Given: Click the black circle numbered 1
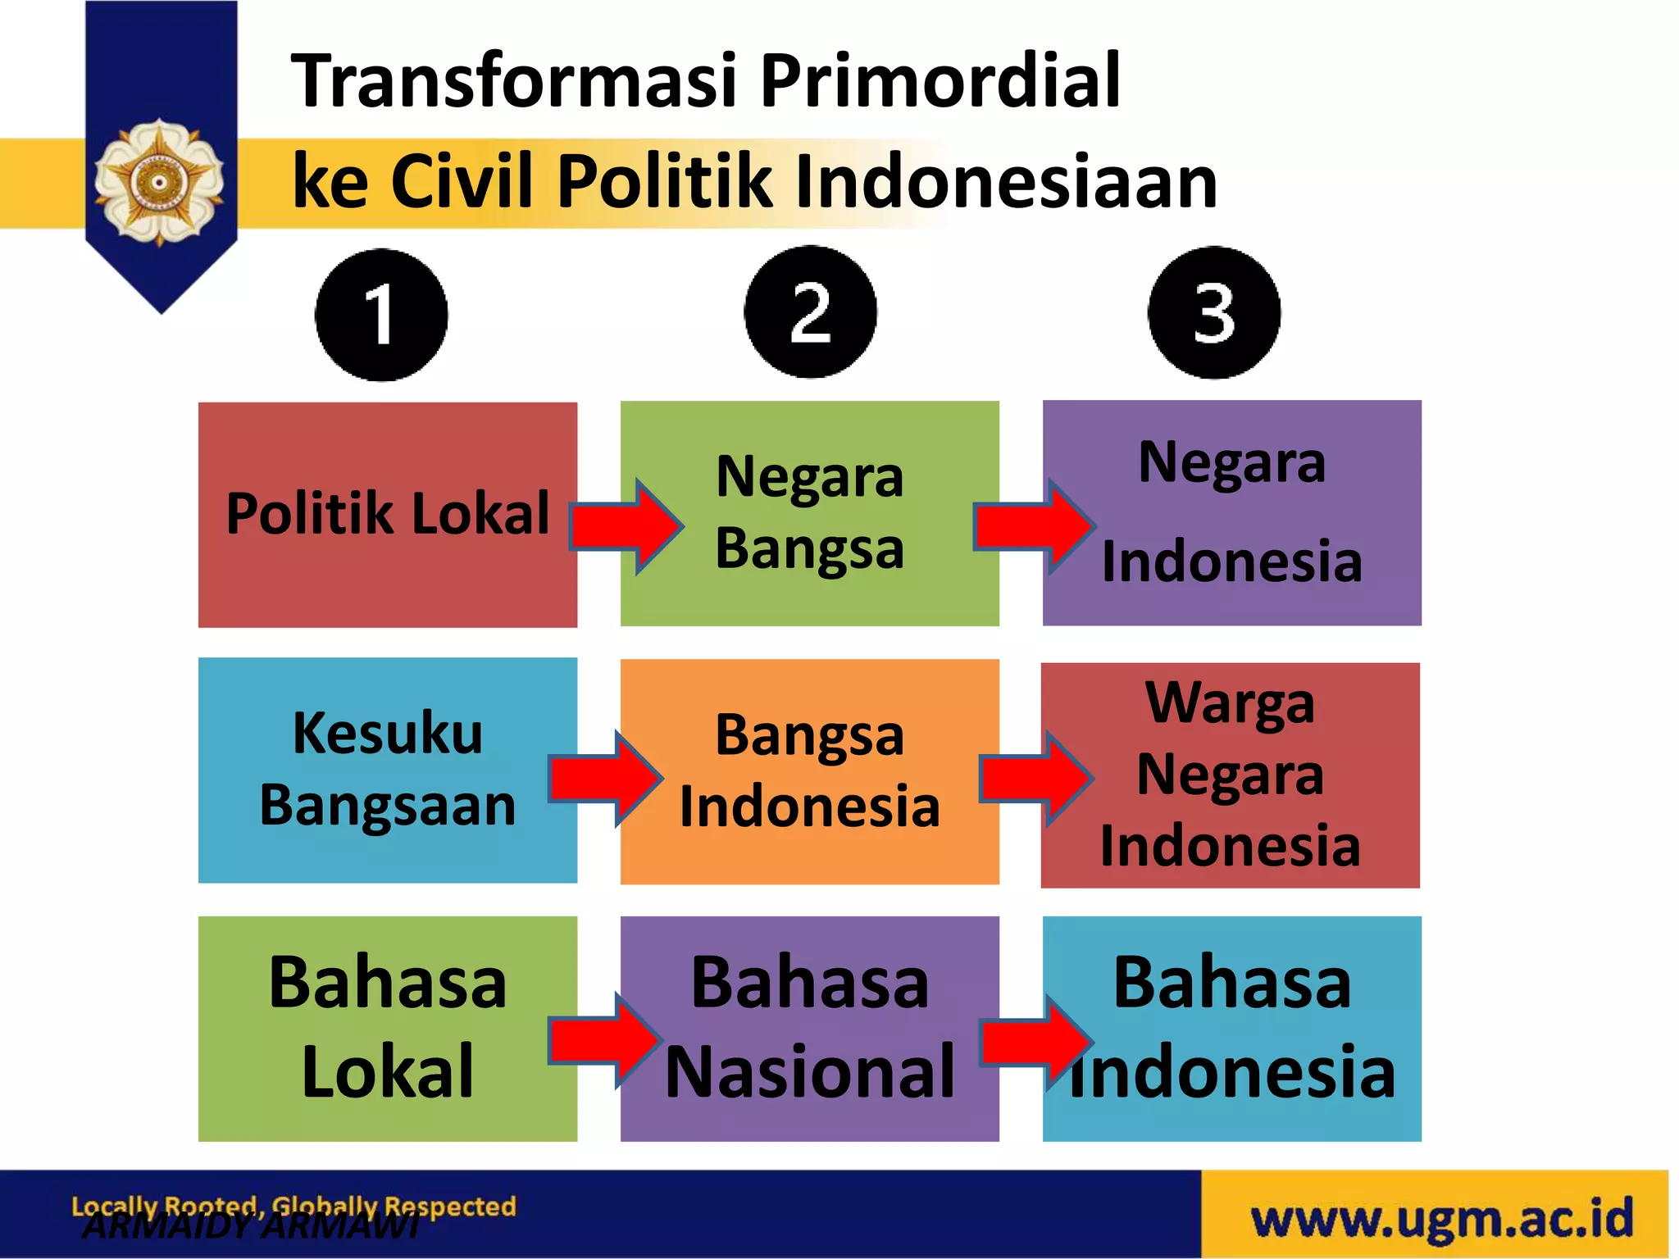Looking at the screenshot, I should coord(381,315).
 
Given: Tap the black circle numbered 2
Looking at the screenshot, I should coord(810,312).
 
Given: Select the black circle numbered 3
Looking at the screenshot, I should coord(1214,312).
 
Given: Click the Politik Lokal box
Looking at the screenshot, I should coord(387,515).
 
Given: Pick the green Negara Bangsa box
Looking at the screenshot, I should coord(810,513).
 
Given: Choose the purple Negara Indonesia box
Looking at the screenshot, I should coord(1231,513).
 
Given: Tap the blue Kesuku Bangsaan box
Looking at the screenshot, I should coord(387,770).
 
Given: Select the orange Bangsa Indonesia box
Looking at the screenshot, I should coord(810,771).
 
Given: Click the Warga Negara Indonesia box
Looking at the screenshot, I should coord(1230,775).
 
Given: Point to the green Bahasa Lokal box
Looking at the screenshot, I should coord(387,1028).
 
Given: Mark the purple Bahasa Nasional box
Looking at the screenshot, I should coord(810,1028).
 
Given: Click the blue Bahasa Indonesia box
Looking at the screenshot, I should coord(1231,1028).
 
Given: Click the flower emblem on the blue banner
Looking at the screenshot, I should coord(159,182).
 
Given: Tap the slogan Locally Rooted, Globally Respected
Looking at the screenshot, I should coord(293,1206).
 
